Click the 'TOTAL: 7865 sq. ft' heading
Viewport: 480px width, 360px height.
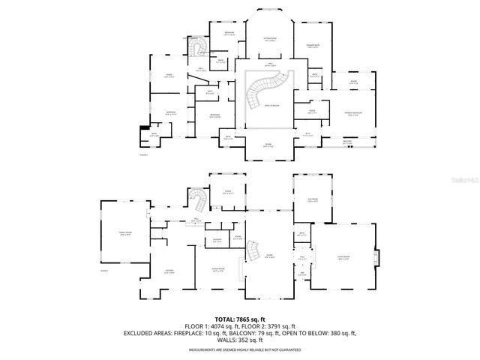(241, 319)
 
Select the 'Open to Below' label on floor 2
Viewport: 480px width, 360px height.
(267, 107)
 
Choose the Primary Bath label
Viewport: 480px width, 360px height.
(314, 47)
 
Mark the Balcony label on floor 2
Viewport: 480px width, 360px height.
(347, 142)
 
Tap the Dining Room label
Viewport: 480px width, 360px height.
(219, 270)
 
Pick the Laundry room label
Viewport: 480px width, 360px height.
(217, 240)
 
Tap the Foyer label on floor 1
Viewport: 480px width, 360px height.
(268, 256)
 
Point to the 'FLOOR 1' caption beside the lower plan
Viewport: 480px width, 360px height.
(104, 270)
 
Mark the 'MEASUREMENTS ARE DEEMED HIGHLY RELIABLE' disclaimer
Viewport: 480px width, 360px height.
(241, 350)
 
